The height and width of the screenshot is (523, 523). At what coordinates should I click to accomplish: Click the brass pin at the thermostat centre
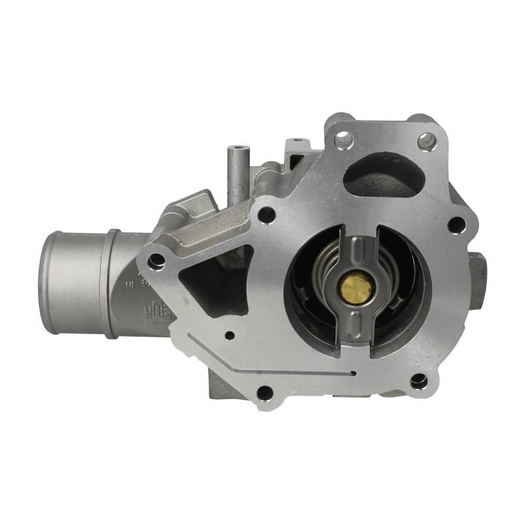357,286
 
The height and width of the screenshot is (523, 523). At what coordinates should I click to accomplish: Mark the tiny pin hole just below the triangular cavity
229,335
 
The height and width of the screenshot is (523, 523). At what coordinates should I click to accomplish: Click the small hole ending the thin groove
354,374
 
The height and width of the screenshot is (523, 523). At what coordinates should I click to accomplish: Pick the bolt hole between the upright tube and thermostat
266,214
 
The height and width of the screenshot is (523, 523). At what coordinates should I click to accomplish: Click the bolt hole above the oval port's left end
343,139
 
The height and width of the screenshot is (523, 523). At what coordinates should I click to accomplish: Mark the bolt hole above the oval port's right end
426,140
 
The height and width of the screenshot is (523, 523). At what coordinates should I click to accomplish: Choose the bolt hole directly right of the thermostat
457,226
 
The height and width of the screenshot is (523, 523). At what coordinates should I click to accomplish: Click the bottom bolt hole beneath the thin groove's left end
264,392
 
